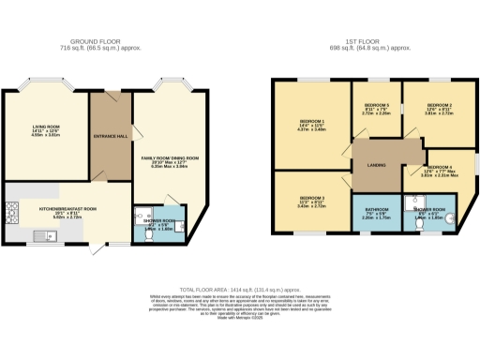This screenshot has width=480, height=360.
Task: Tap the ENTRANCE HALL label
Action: (110, 136)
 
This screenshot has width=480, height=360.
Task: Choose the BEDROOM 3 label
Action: (312, 198)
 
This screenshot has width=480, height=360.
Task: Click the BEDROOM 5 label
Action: (377, 104)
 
